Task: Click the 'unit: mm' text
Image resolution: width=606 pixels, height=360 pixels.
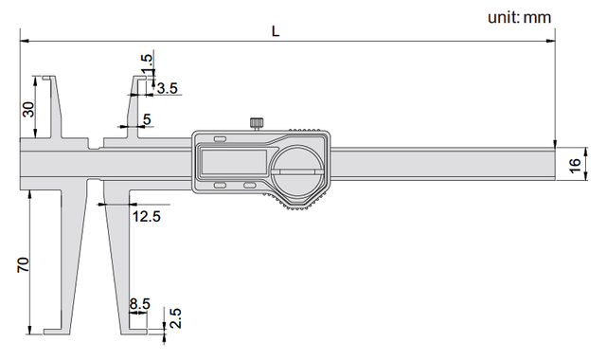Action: pos(519,17)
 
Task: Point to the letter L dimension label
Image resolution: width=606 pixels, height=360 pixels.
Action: pos(276,31)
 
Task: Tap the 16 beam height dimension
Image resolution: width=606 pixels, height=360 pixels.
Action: pos(575,165)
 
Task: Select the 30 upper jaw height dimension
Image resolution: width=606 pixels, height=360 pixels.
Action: pos(28,110)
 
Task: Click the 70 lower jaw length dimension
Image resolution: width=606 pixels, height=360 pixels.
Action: pos(23,264)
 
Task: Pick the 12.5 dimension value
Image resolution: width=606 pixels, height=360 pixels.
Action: pos(146,217)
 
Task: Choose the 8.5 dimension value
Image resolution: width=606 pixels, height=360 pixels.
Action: pos(139,304)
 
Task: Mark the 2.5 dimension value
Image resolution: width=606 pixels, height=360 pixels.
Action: pos(176,318)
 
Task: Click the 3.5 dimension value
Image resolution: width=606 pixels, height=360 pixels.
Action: pos(168,88)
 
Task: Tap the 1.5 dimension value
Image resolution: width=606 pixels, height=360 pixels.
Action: pos(147,63)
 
